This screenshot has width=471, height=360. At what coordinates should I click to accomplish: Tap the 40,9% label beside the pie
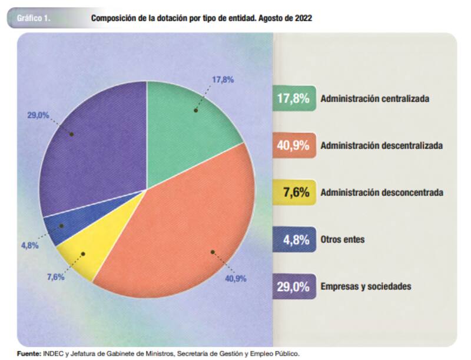point(235,278)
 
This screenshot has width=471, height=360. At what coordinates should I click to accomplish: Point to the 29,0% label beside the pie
point(38,115)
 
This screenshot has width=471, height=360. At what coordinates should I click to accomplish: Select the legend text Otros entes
point(343,239)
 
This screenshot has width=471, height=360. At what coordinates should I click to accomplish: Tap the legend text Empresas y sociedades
point(366,286)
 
